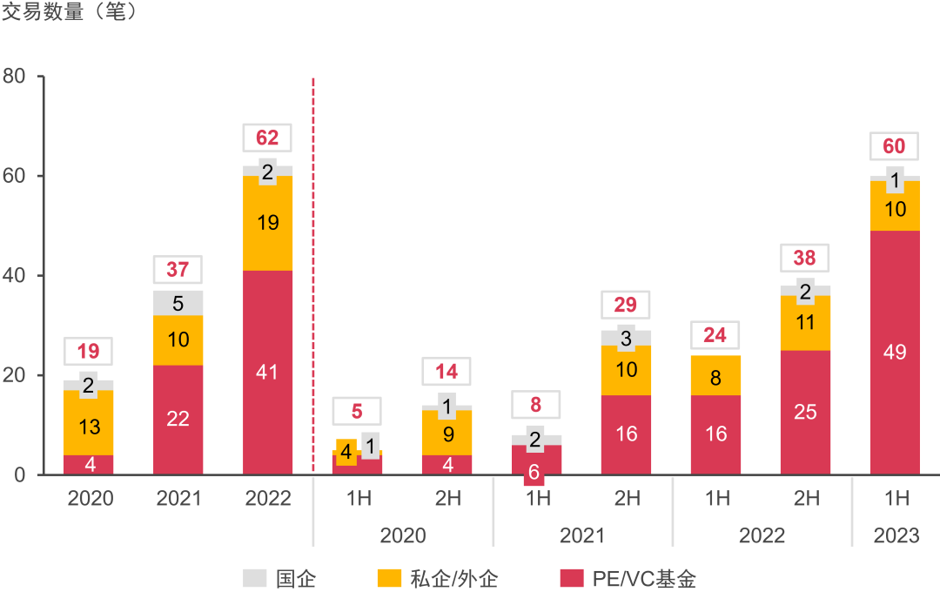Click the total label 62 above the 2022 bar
tap(268, 138)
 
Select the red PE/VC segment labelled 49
tap(895, 352)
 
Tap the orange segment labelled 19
tap(268, 223)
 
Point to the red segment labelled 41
tap(268, 372)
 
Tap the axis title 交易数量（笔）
tap(70, 14)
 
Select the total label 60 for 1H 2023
tap(895, 146)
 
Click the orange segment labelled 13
tap(89, 427)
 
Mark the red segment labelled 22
tap(178, 419)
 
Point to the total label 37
tap(178, 270)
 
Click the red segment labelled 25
tap(806, 412)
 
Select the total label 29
tap(627, 305)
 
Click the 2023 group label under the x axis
tap(896, 535)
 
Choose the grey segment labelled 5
tap(178, 303)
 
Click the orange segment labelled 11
tap(806, 323)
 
